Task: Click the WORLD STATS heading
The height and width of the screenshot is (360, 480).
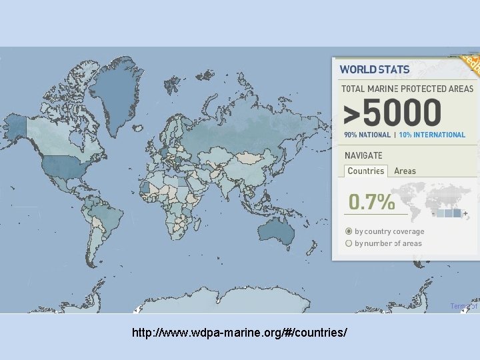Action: click(x=375, y=69)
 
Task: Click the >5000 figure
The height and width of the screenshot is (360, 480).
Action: click(x=392, y=113)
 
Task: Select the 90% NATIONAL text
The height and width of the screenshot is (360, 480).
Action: click(x=367, y=135)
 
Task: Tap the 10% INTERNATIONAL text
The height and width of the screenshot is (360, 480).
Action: click(x=432, y=135)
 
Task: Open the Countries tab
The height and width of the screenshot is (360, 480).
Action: click(x=366, y=171)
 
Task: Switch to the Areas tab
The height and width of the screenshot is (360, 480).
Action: click(x=405, y=171)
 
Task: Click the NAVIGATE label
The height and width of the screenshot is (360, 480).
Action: click(x=363, y=155)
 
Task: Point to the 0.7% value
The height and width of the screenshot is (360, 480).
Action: click(x=371, y=202)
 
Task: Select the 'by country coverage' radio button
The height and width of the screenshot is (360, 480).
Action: click(x=349, y=231)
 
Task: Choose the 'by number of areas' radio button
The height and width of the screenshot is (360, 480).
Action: click(x=349, y=243)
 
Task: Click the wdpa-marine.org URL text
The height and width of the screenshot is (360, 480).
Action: click(x=239, y=332)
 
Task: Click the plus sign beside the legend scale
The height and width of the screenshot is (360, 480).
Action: click(x=465, y=213)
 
